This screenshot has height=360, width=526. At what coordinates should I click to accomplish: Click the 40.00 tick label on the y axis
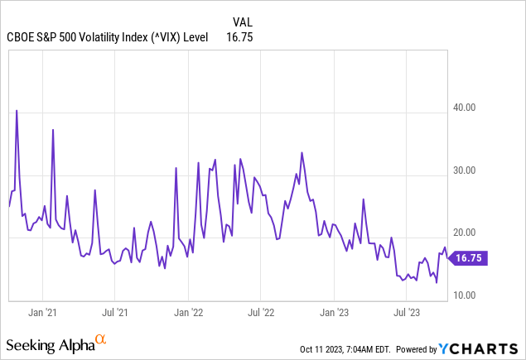468,108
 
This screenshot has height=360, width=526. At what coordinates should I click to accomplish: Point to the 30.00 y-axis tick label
468,170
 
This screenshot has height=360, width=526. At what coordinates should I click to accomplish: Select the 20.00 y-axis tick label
468,233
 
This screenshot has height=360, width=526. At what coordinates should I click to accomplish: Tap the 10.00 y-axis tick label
468,295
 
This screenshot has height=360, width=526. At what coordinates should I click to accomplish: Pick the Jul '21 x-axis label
115,313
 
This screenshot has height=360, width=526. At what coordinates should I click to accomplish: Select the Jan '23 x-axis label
334,313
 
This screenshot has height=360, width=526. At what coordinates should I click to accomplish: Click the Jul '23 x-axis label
406,313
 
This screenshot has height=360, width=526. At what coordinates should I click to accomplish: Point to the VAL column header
236,22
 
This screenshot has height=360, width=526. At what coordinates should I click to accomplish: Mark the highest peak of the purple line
17,110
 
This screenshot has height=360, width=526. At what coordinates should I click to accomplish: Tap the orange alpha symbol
101,339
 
